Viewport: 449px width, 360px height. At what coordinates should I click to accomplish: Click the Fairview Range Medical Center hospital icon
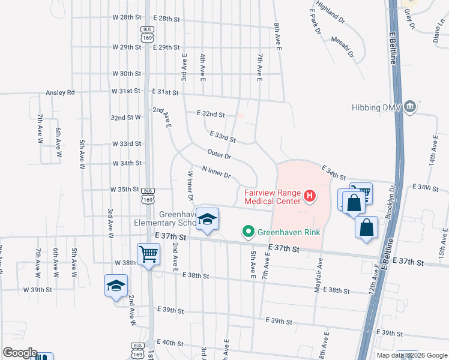(310, 196)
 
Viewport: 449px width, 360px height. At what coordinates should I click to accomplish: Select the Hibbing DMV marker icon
(410, 107)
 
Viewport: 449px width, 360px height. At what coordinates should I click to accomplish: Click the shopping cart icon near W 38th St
(148, 254)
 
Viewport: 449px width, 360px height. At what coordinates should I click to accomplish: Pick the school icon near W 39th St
(116, 286)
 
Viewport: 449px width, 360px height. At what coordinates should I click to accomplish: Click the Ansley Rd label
(60, 93)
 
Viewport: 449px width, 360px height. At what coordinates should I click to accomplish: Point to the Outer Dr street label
(219, 155)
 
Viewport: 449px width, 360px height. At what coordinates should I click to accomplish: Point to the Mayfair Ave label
(319, 275)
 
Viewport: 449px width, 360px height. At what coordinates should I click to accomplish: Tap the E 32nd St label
(211, 113)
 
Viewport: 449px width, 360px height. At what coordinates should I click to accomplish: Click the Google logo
(20, 353)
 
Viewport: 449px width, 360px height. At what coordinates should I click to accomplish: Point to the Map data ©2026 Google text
(412, 355)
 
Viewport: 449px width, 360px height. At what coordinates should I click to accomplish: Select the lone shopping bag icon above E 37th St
(366, 229)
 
